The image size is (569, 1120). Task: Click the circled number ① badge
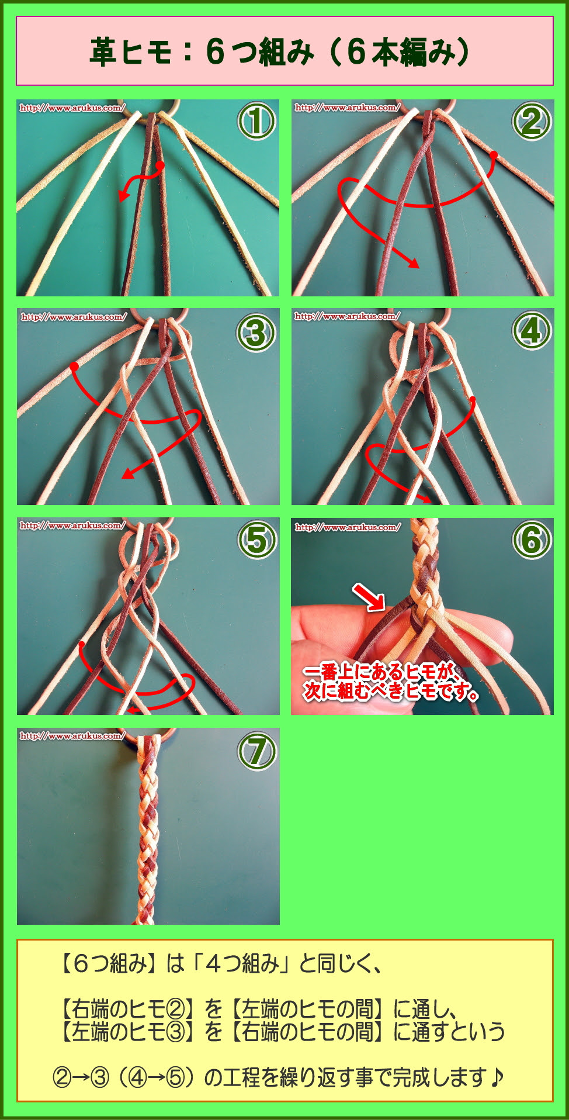pyautogui.click(x=256, y=122)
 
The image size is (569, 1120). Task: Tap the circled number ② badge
pyautogui.click(x=531, y=122)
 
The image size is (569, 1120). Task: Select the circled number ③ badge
pyautogui.click(x=256, y=333)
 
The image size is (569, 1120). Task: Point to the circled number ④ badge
pyautogui.click(x=531, y=331)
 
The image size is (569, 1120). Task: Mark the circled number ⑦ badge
pyautogui.click(x=256, y=751)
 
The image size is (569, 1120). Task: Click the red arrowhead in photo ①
pyautogui.click(x=123, y=195)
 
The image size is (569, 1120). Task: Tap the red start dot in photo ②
pyautogui.click(x=494, y=155)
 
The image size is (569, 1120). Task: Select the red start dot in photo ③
pyautogui.click(x=74, y=367)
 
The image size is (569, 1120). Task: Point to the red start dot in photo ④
pyautogui.click(x=472, y=400)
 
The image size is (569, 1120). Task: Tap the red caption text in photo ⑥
pyautogui.click(x=391, y=682)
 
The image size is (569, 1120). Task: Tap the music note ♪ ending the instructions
pyautogui.click(x=497, y=1076)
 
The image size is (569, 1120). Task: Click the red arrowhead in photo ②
pyautogui.click(x=414, y=263)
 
